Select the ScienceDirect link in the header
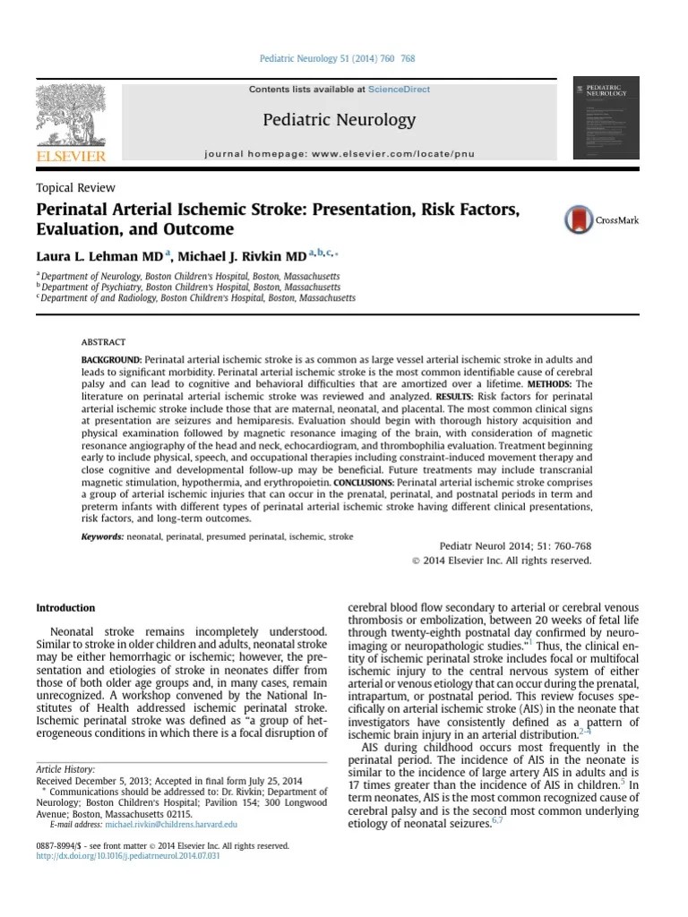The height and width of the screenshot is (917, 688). point(400,90)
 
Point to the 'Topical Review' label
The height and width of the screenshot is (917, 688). point(75,188)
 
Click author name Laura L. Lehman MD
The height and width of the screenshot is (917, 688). point(99,255)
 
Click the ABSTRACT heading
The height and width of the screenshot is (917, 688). point(103,342)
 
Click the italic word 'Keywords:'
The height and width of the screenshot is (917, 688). point(102,536)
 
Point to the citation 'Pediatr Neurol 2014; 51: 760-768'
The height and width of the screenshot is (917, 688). point(515,546)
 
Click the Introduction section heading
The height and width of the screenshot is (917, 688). point(65,608)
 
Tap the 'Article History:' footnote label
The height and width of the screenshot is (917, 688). point(65,769)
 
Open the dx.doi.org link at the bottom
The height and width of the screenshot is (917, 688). point(128,856)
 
